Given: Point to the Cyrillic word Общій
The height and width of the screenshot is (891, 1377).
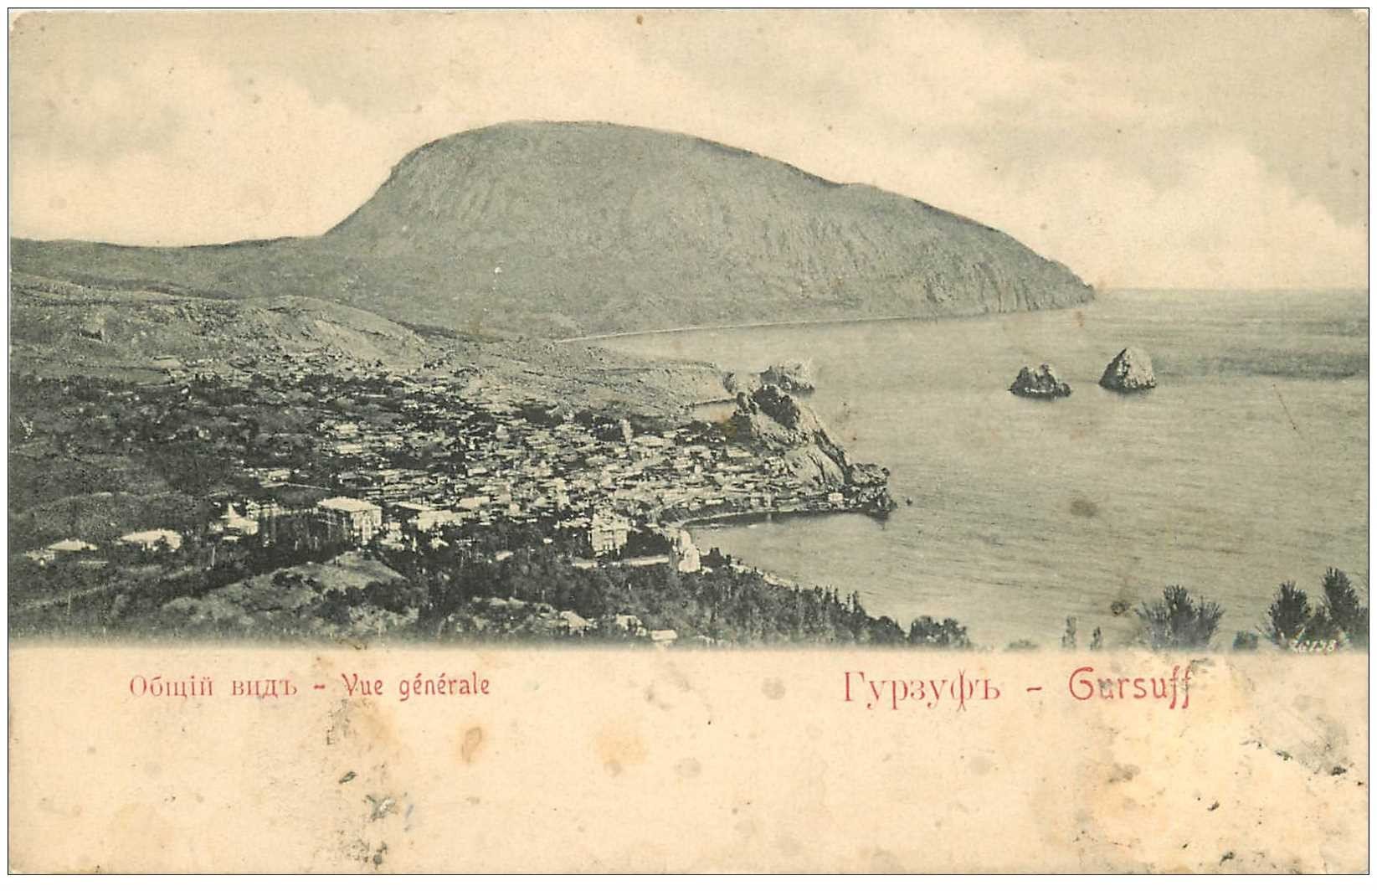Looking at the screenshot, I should tap(167, 687).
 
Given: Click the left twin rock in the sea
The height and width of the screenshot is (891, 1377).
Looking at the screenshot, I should tap(1039, 381).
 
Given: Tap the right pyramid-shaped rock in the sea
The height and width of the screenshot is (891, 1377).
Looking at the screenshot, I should tap(1128, 369).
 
